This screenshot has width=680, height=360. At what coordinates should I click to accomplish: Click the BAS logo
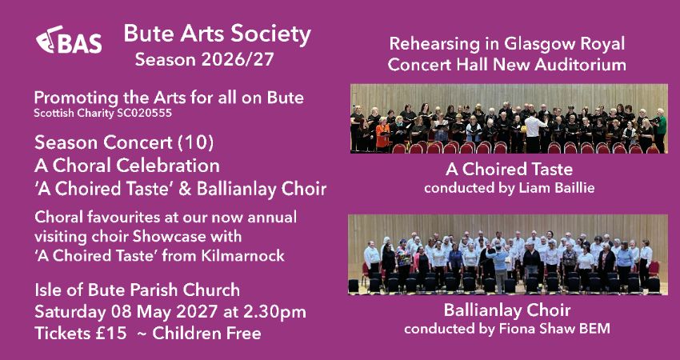pos(69,43)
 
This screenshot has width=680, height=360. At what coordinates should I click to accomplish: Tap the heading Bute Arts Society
pos(217,34)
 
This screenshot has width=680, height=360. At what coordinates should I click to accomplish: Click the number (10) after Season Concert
pos(169,143)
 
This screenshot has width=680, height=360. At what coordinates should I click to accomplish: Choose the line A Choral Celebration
pos(127,166)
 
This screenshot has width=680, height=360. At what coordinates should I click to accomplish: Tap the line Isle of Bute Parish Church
pos(137,290)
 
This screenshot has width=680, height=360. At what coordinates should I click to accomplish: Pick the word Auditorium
pos(574,65)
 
